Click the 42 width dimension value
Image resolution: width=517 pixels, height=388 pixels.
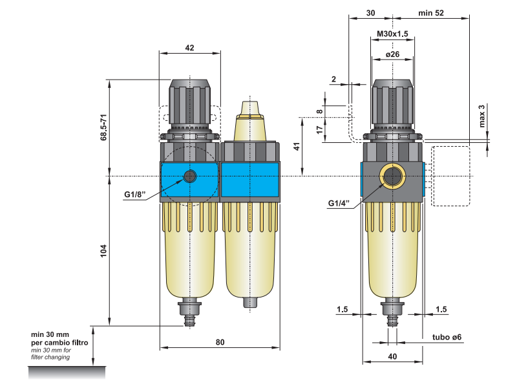pos(189,48)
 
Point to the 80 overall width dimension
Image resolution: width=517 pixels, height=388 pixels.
pos(220,342)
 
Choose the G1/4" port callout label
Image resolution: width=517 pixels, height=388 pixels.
pos(339,203)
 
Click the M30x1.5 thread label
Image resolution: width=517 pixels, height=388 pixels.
pos(392,34)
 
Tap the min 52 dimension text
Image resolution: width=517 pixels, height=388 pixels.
pos(431,13)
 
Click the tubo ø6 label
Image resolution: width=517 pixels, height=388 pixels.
pos(446,338)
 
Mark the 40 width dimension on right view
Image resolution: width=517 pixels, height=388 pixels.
pos(392,355)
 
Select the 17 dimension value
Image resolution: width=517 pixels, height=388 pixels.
pos(319,129)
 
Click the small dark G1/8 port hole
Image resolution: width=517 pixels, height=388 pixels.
pos(190,176)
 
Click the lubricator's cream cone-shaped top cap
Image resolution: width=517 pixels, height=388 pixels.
pos(249,110)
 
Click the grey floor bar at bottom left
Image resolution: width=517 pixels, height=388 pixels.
pos(67,372)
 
